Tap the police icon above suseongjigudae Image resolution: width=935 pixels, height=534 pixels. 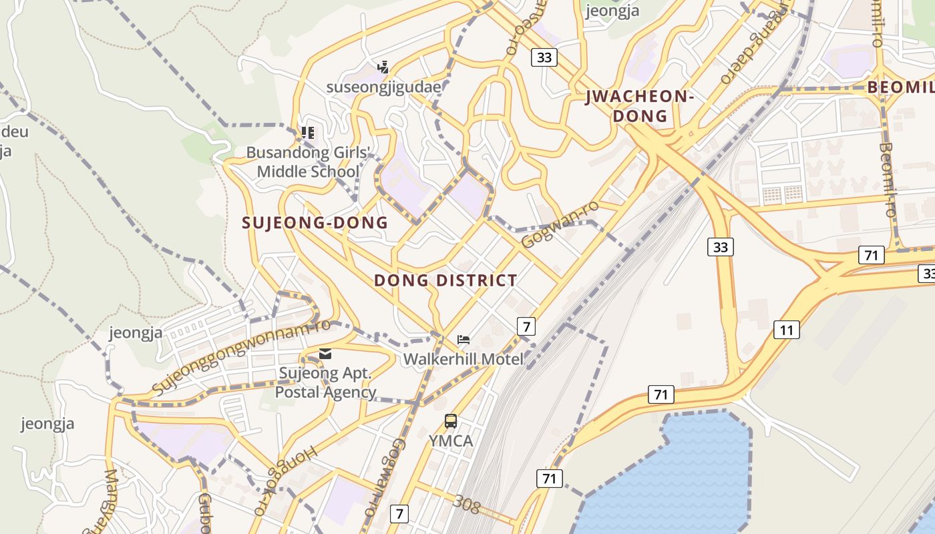click(383, 67)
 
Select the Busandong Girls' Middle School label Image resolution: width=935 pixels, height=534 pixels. click(308, 162)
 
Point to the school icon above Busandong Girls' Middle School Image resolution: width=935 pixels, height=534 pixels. click(308, 132)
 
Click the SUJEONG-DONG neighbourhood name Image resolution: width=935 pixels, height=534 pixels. click(315, 223)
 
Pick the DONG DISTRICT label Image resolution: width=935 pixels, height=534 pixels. click(445, 280)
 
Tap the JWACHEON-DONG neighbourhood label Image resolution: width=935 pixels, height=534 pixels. click(640, 106)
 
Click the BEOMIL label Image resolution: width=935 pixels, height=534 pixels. click(900, 87)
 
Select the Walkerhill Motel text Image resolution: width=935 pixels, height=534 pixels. click(463, 359)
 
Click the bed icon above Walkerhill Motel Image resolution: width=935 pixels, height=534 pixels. click(463, 340)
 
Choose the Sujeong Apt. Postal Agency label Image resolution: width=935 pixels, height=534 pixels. click(325, 382)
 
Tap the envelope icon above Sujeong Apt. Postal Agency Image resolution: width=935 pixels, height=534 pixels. click(325, 354)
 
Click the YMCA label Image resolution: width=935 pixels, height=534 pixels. click(451, 441)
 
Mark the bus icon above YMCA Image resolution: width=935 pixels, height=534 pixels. click(451, 421)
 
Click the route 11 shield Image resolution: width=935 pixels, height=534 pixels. click(787, 329)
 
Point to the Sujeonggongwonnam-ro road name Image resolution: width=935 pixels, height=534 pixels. click(241, 357)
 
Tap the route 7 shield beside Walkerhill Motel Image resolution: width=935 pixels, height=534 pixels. click(526, 326)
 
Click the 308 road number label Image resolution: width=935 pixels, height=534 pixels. click(466, 504)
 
